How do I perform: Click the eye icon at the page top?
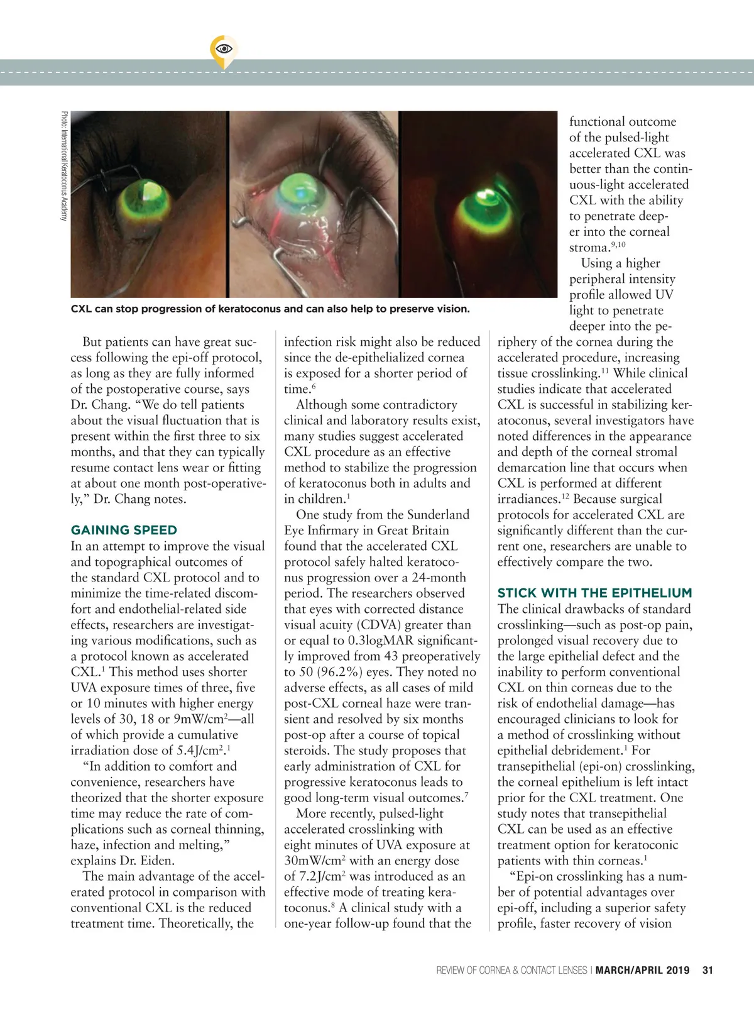(224, 48)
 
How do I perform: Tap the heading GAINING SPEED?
(124, 530)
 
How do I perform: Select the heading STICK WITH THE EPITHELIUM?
(594, 593)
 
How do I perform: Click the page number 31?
(708, 970)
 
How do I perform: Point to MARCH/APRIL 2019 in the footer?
(642, 970)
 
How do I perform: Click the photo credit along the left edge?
(63, 166)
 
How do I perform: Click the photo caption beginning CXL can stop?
(270, 309)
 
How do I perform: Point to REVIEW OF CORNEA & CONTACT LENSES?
(511, 970)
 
